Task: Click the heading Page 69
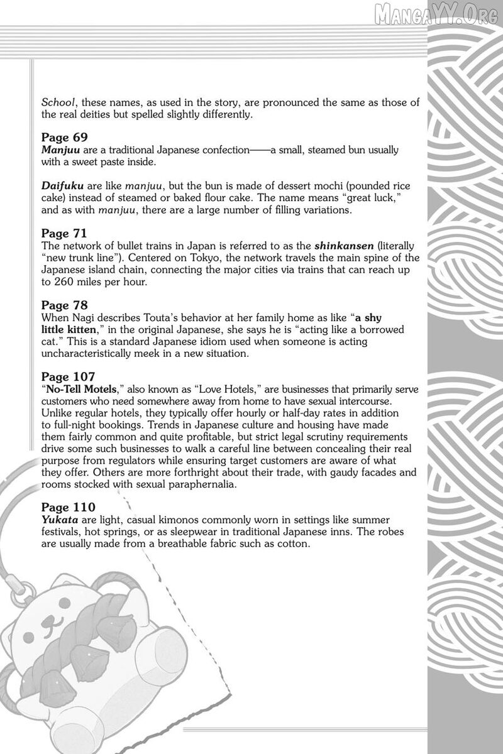point(64,137)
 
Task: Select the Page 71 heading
point(64,233)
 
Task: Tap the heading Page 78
point(64,305)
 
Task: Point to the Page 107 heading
point(68,377)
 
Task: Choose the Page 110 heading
point(68,506)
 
